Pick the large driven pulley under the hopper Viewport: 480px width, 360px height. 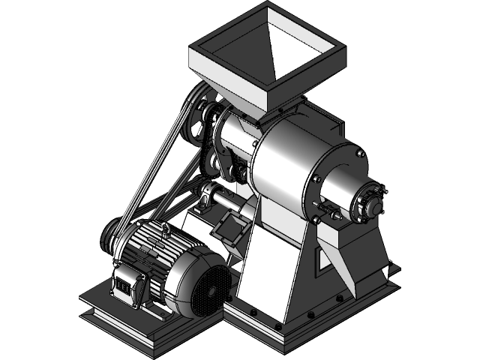(x=201, y=120)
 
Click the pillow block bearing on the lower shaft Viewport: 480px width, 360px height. (x=208, y=201)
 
